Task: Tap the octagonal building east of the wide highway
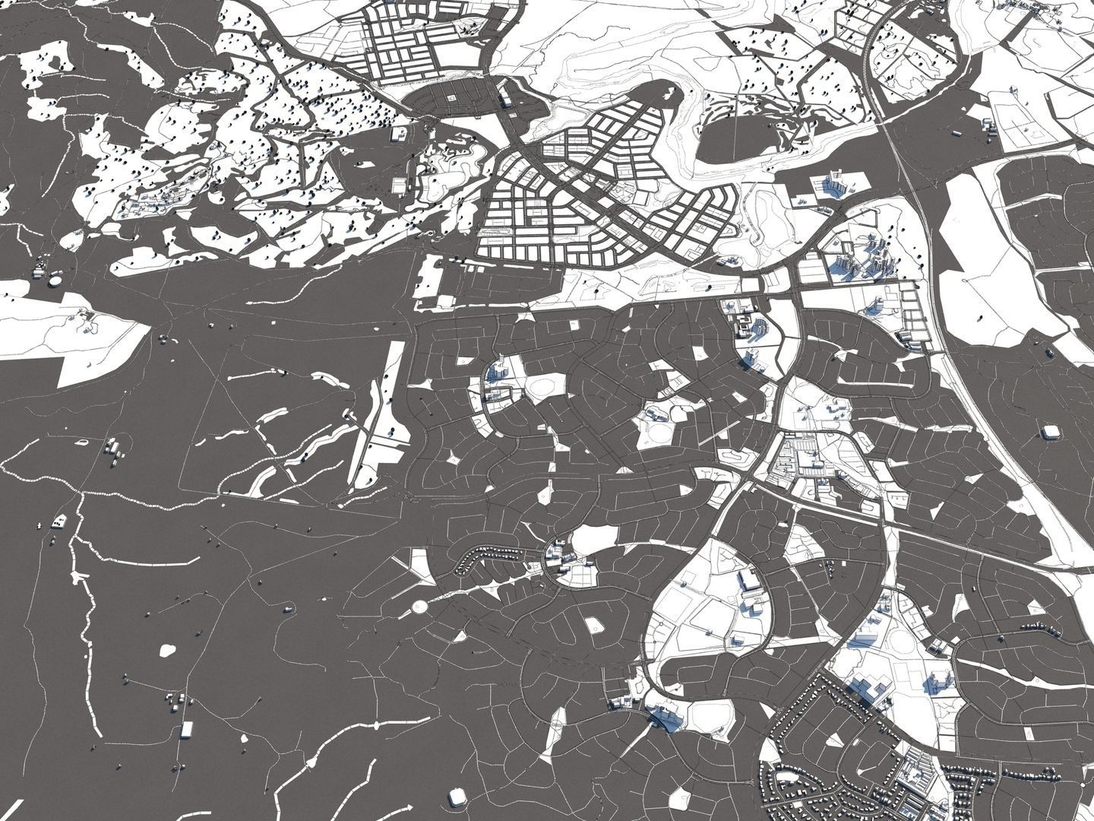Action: [1051, 432]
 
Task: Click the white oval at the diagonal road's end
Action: [419, 607]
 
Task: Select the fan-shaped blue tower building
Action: [498, 372]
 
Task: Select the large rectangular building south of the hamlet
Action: [186, 731]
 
